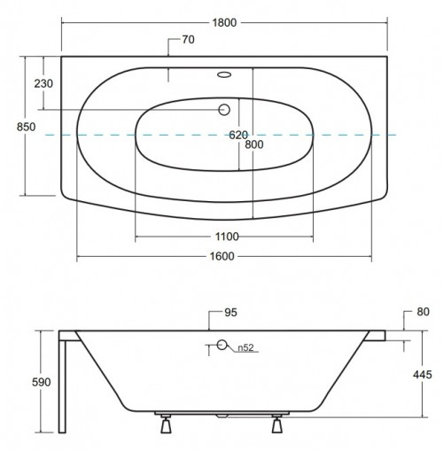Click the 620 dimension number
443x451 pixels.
238,136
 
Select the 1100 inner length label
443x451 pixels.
225,237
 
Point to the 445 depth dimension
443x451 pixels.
423,375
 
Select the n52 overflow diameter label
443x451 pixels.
246,347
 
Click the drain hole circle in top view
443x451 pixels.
223,109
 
